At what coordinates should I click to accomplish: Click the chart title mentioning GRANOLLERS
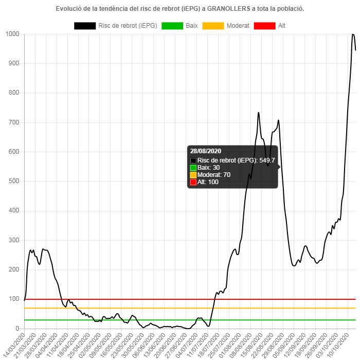[179, 9]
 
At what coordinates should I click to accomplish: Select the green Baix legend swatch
[172, 26]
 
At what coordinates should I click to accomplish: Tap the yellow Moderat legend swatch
[213, 26]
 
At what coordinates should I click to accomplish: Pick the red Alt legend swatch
[264, 26]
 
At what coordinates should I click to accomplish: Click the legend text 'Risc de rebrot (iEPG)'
[128, 26]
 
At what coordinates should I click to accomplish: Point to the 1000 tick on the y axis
[12, 34]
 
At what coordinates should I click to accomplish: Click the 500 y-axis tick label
[14, 181]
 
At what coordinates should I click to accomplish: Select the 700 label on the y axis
[14, 122]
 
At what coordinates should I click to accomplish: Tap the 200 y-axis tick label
[14, 269]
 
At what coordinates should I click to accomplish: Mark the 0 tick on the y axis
[17, 328]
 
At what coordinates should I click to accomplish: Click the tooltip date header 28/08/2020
[206, 151]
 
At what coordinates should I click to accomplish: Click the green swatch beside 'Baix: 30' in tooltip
[193, 168]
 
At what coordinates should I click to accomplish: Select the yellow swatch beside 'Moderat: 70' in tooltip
[193, 175]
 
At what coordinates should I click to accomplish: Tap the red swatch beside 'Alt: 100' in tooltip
[193, 182]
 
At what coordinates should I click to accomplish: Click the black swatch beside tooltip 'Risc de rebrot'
[193, 160]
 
